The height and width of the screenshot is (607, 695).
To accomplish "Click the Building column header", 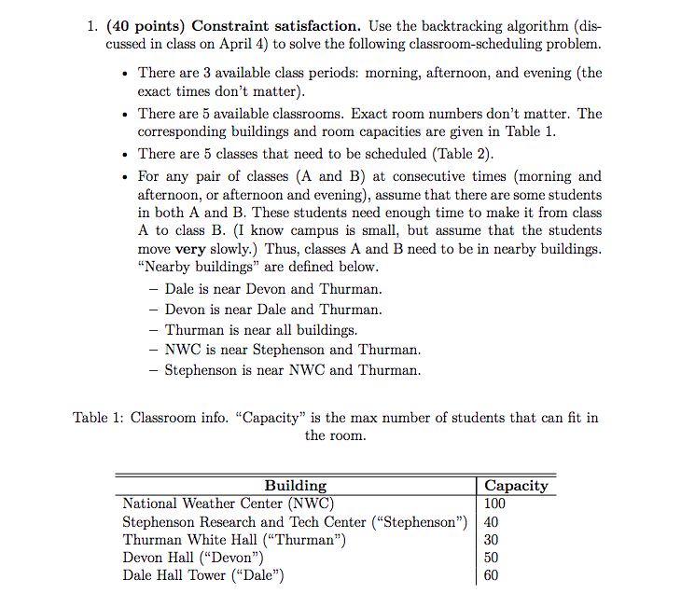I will pyautogui.click(x=296, y=486).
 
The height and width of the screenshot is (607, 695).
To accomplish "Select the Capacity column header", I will pyautogui.click(x=516, y=486).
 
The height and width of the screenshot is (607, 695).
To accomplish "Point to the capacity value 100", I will pyautogui.click(x=497, y=504).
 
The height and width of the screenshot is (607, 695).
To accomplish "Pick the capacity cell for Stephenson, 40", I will pyautogui.click(x=493, y=522).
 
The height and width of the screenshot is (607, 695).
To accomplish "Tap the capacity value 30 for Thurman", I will pyautogui.click(x=493, y=540).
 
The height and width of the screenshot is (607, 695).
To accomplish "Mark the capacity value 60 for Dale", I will pyautogui.click(x=493, y=575).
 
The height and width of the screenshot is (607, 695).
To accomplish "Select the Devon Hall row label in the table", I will pyautogui.click(x=187, y=558).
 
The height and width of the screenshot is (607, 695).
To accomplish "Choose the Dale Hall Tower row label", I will pyautogui.click(x=202, y=575).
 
